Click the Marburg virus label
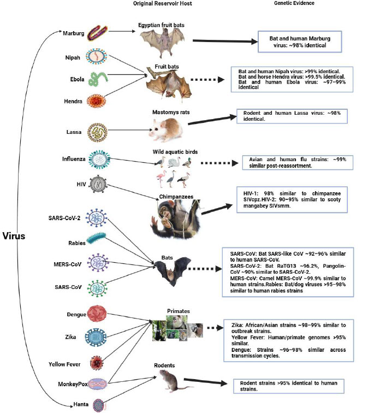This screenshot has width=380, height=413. [74, 33]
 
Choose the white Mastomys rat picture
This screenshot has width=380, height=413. [167, 129]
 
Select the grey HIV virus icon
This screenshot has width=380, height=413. [102, 184]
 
